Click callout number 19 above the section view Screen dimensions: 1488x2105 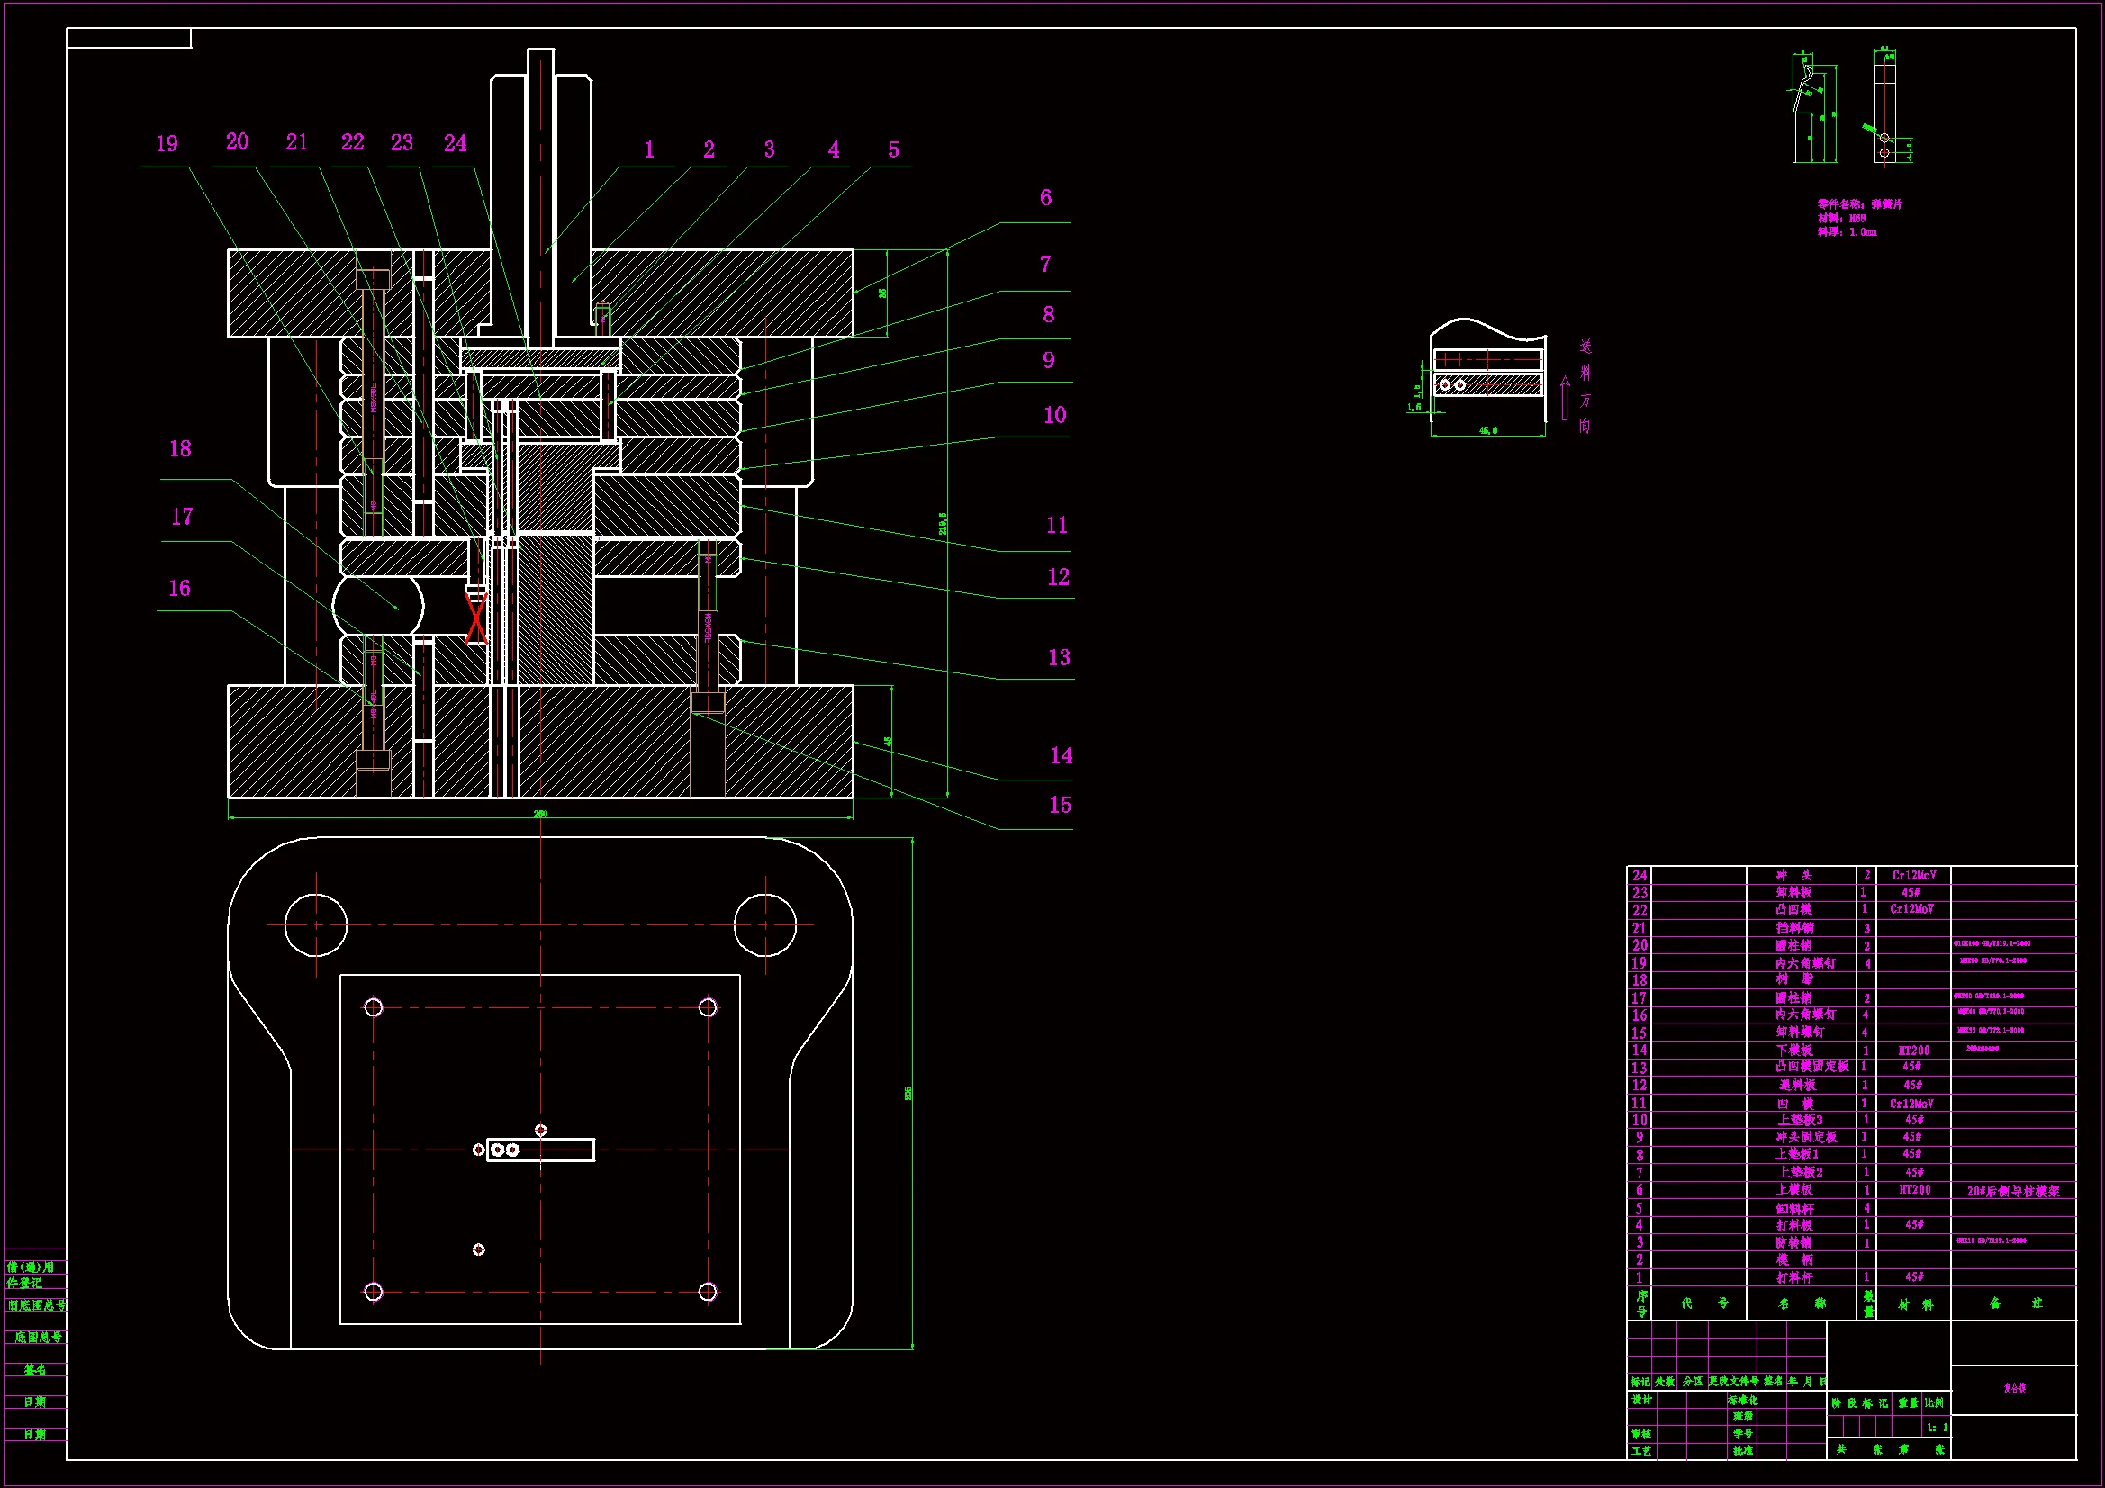[167, 144]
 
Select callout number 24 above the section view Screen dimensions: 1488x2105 [455, 143]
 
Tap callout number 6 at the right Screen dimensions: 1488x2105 [1045, 198]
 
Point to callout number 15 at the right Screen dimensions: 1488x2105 [1060, 805]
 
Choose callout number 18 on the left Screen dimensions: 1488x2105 [180, 448]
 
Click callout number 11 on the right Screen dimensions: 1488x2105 [1057, 526]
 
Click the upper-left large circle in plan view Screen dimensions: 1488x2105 [316, 925]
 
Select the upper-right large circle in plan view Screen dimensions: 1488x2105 [764, 925]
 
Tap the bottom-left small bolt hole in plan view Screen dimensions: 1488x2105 [373, 1292]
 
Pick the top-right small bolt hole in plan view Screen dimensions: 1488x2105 [708, 1007]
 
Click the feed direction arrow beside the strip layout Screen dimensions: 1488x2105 [1564, 398]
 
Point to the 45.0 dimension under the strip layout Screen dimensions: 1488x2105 [1488, 430]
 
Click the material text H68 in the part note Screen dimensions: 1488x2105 [1857, 218]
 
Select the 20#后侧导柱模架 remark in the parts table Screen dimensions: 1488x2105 [2012, 1191]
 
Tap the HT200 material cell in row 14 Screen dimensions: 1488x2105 [1913, 1051]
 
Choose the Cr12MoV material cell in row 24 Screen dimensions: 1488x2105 [1913, 876]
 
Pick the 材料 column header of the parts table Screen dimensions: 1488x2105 [1915, 1303]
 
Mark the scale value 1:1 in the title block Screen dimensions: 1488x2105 [1938, 1428]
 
